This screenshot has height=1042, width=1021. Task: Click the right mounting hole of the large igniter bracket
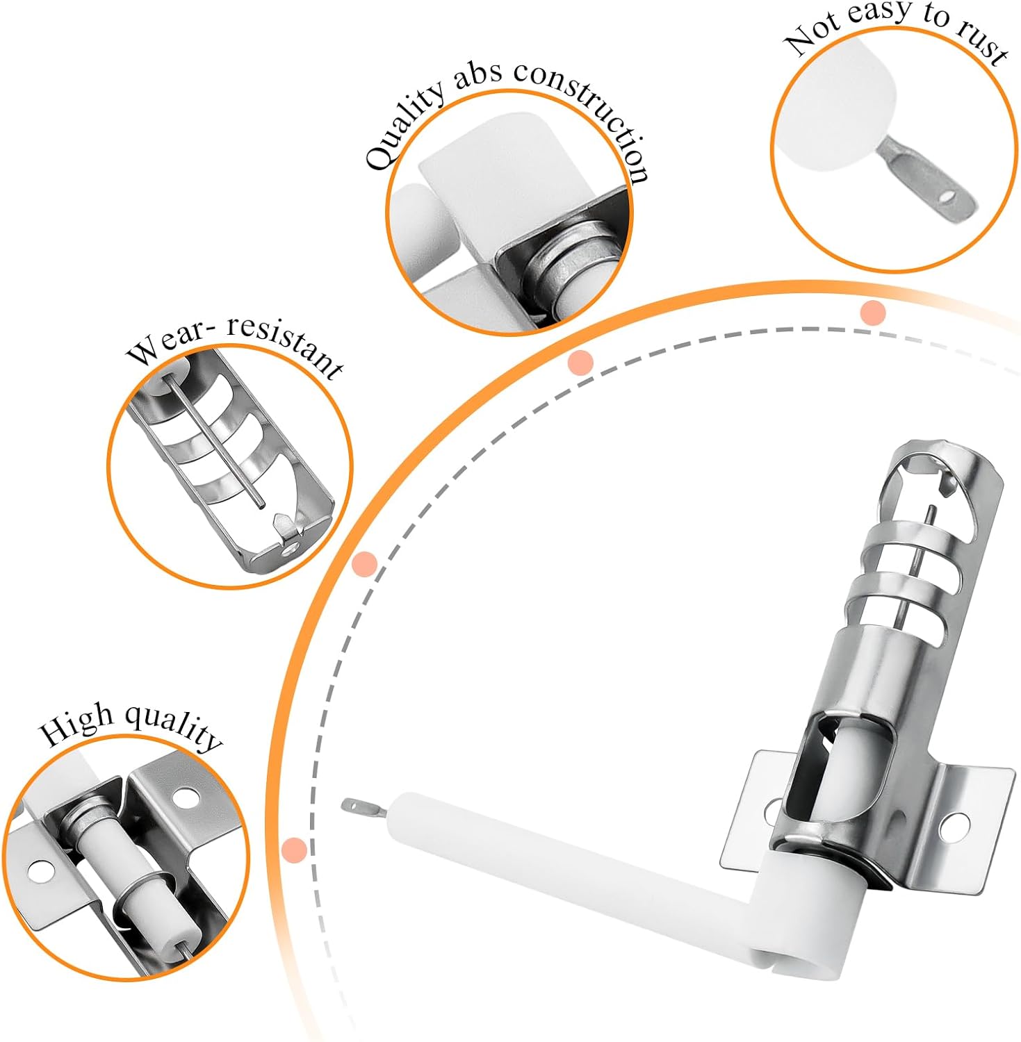pyautogui.click(x=955, y=824)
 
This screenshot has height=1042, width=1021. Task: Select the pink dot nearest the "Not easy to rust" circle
pyautogui.click(x=872, y=313)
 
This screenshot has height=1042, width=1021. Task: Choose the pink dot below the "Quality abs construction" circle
pyautogui.click(x=580, y=363)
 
